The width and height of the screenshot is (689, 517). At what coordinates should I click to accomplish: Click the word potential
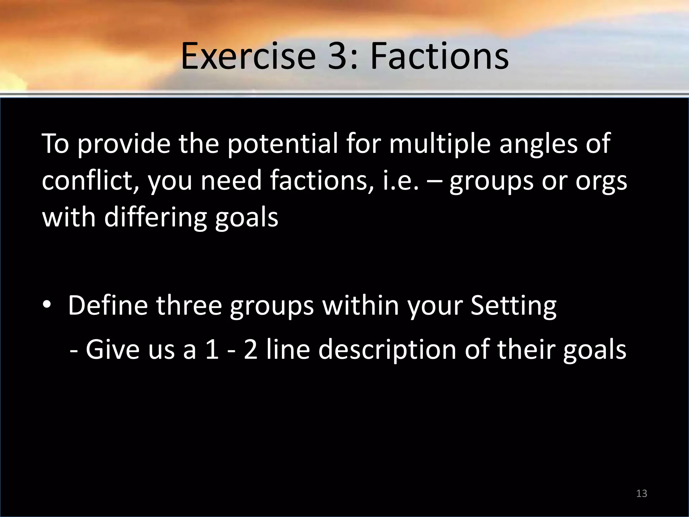pos(283,144)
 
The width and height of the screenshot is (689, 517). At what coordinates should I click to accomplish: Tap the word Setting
pos(513,306)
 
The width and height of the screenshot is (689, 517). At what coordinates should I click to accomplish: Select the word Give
pos(112,349)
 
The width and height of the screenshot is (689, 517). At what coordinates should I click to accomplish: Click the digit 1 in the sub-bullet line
pos(212,349)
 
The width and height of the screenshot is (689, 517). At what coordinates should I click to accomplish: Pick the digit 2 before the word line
pos(251,349)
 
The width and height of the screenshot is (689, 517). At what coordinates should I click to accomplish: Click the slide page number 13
pos(642,493)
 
